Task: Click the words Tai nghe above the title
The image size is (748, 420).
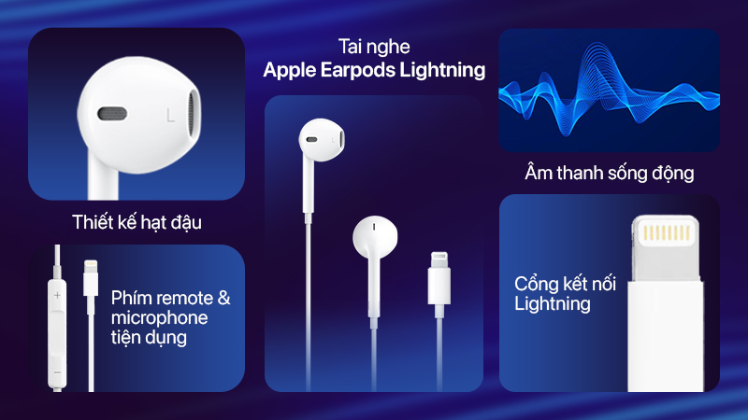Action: (374, 47)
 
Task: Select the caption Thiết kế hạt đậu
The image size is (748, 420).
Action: (137, 222)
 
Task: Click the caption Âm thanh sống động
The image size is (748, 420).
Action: (609, 173)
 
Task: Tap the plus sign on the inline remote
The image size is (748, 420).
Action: (57, 295)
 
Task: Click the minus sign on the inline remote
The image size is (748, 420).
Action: (57, 371)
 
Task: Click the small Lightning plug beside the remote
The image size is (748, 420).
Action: (90, 280)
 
